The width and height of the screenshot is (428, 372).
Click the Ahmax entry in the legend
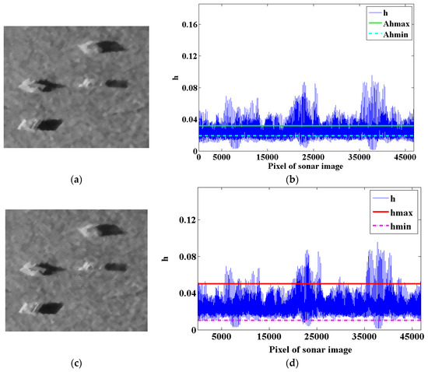coord(398,23)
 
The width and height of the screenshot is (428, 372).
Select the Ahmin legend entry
coord(398,36)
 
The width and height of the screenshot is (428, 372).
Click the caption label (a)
coord(75,180)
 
